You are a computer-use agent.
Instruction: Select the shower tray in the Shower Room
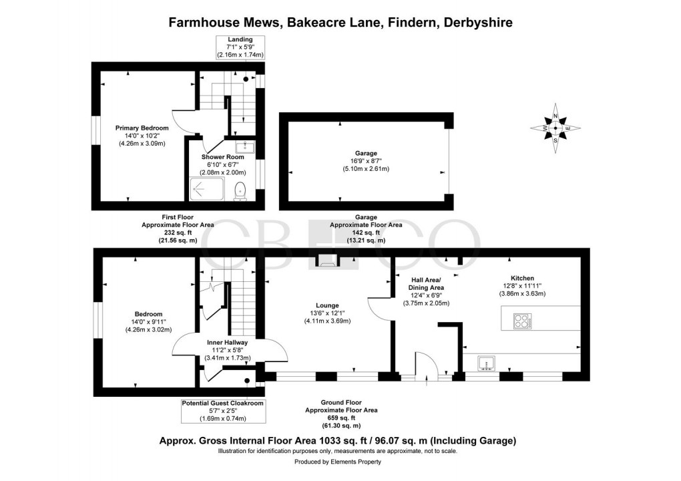pos(209,188)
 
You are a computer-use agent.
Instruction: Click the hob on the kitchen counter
pos(521,321)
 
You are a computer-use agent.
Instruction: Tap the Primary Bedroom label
pos(142,128)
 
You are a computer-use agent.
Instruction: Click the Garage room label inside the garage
pos(366,153)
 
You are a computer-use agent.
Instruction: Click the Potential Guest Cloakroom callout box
pos(223,411)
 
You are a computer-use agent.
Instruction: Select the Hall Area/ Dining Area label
pos(427,283)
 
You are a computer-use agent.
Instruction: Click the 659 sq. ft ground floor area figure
pos(340,418)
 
